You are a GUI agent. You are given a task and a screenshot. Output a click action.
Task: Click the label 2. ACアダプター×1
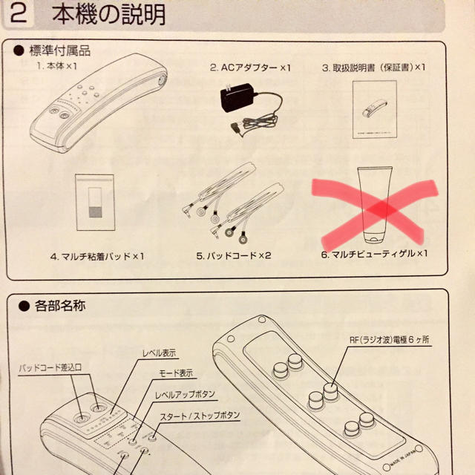[250, 67]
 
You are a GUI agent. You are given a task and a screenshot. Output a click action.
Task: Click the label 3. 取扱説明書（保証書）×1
[374, 67]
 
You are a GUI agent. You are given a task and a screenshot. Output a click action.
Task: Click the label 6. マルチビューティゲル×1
[375, 254]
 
